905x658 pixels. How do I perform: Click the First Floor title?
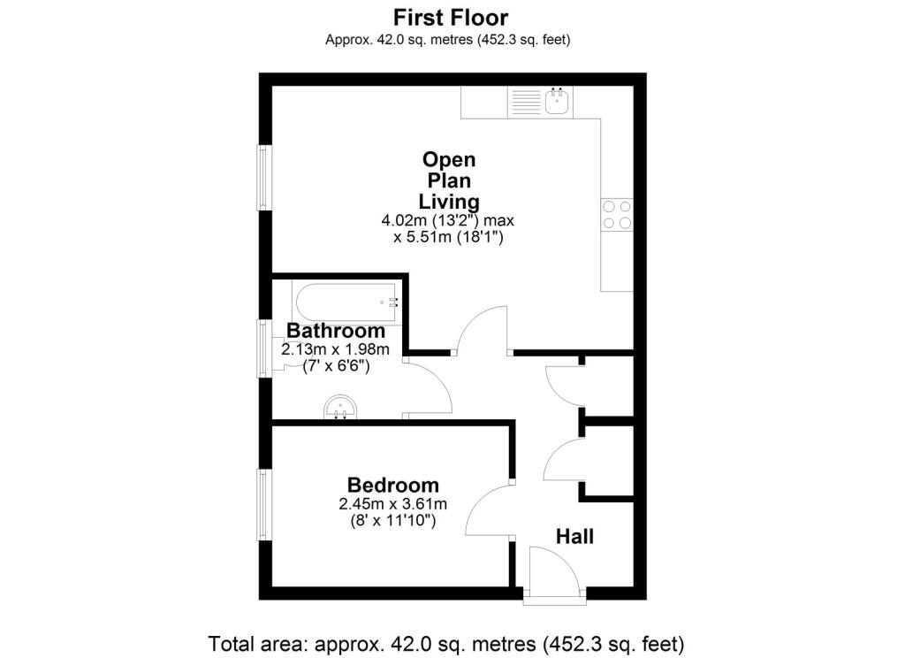(x=450, y=18)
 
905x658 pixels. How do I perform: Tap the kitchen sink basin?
(x=558, y=103)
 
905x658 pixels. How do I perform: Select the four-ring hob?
(x=617, y=214)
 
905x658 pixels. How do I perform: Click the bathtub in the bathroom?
(x=346, y=302)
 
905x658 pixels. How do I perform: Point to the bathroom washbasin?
(x=340, y=408)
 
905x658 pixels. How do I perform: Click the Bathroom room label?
(x=336, y=331)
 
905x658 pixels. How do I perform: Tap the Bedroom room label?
(x=393, y=485)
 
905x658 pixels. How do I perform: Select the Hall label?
(x=574, y=537)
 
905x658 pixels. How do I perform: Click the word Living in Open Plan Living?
(x=449, y=203)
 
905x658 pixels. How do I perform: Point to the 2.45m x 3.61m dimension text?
(x=393, y=504)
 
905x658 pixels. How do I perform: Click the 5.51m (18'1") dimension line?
(x=448, y=237)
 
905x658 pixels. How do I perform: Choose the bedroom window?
(x=264, y=505)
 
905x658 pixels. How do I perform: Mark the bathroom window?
(x=264, y=348)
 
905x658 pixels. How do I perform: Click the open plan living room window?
(x=264, y=178)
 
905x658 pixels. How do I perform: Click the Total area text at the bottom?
(x=446, y=644)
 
